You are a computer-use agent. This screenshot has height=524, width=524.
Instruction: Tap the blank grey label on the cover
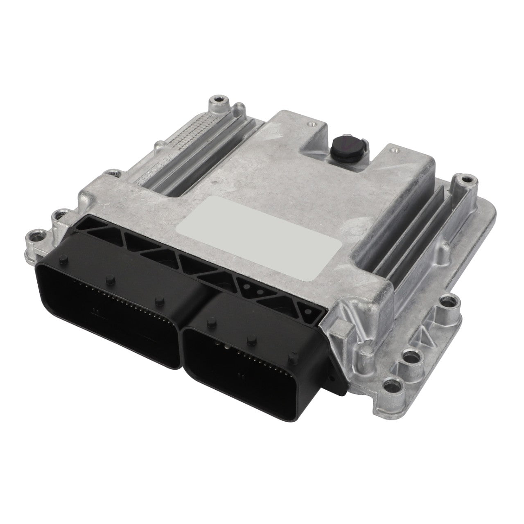262,237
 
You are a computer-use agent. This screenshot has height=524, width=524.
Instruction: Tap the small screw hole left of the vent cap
312,122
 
